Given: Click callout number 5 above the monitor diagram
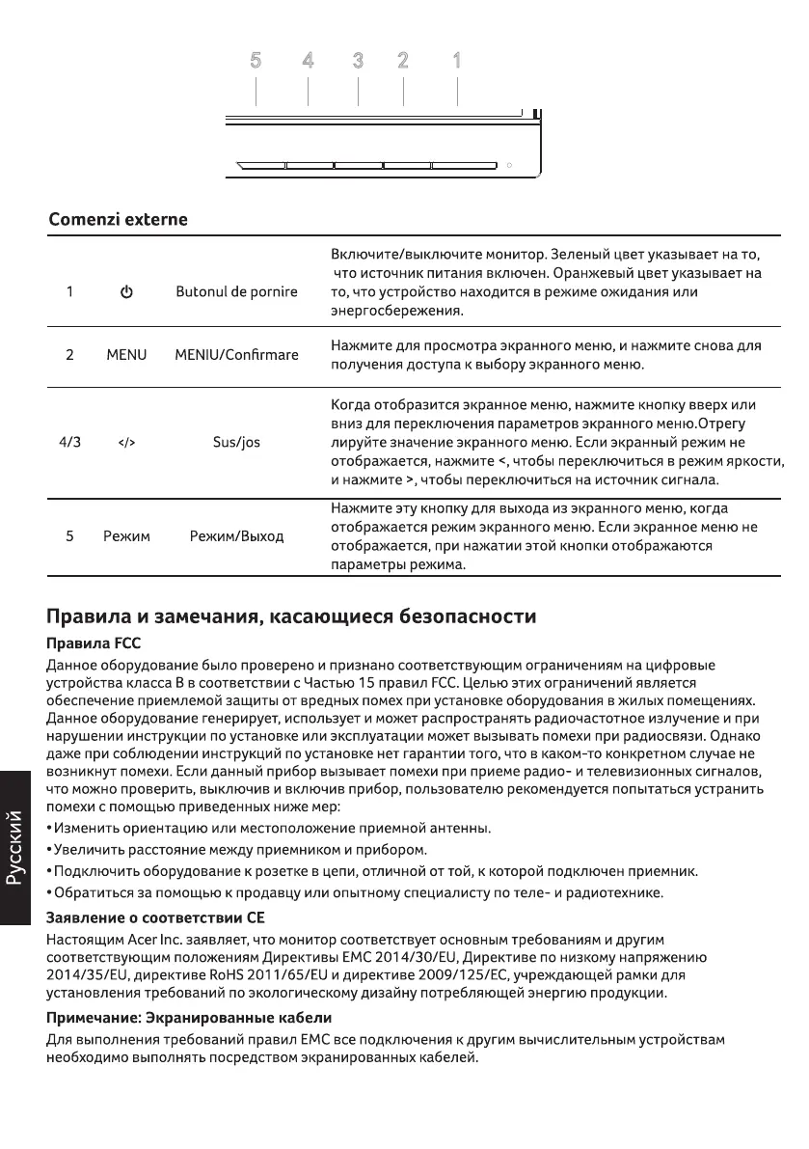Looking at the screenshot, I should (256, 61).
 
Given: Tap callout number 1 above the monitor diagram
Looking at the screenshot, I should (457, 61).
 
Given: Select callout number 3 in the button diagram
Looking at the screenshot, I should (358, 61).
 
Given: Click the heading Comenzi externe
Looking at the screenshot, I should (118, 220).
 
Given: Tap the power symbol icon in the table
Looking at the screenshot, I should (126, 291).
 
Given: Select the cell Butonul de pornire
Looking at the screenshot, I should (236, 291).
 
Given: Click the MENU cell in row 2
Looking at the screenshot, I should (126, 355).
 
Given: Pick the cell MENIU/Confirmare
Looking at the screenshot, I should (236, 355).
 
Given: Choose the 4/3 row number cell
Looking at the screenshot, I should (70, 443).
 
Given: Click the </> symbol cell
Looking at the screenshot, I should (126, 443).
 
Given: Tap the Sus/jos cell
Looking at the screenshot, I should (236, 443).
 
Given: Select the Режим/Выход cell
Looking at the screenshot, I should (236, 535).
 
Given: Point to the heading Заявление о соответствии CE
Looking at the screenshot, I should (155, 914).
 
